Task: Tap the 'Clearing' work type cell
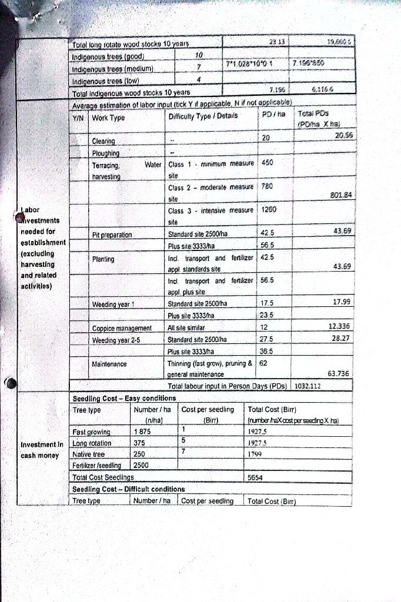[x=103, y=142]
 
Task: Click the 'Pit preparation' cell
[x=113, y=235]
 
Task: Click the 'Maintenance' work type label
[x=109, y=364]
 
